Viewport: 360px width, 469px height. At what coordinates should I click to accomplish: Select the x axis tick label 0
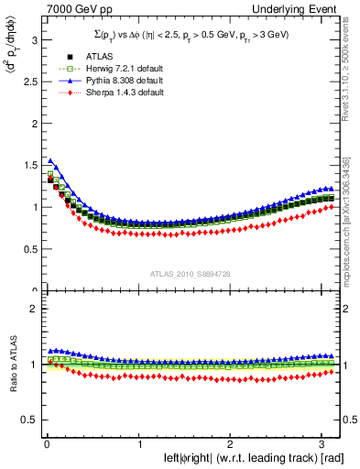pos(46,445)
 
